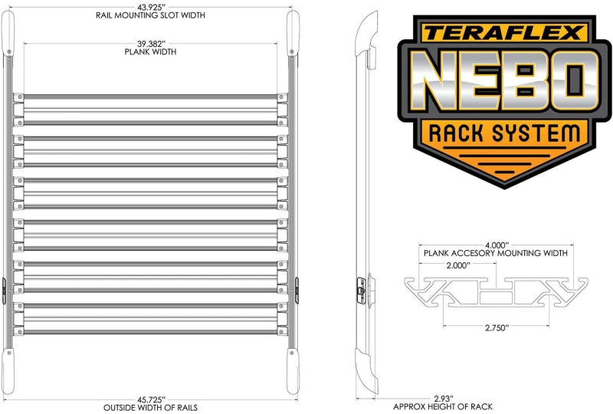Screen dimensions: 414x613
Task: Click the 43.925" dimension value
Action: (150, 7)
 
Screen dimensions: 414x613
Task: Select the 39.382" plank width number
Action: (150, 44)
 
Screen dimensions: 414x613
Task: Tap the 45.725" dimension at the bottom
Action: (150, 399)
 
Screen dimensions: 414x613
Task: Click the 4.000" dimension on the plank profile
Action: (496, 245)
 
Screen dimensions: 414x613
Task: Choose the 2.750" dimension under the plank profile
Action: (496, 327)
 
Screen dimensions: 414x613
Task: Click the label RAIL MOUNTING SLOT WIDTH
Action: (150, 15)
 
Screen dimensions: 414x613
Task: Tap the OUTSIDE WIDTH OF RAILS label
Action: (150, 407)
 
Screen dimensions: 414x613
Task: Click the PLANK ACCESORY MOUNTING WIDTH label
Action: (496, 253)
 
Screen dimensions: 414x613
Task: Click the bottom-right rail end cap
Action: (292, 366)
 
